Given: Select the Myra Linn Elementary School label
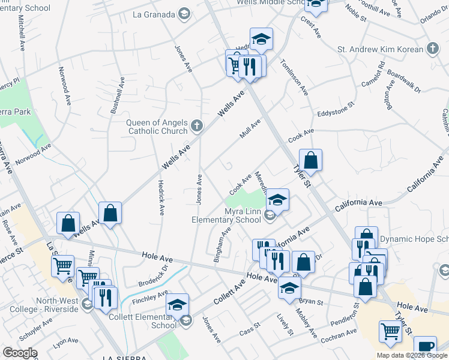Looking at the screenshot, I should (x=226, y=215).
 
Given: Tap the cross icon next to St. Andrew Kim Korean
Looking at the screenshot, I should (x=432, y=48).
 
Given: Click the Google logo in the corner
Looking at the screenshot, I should (x=19, y=353).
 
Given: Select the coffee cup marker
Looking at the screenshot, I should (x=425, y=347).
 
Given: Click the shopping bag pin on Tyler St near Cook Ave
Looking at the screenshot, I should (x=310, y=160).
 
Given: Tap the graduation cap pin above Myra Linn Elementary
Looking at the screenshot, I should (x=277, y=199).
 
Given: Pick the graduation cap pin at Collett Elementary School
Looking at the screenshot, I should (x=177, y=305).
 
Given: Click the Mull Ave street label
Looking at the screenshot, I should (x=250, y=128).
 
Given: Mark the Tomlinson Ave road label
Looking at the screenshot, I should (x=294, y=80).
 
